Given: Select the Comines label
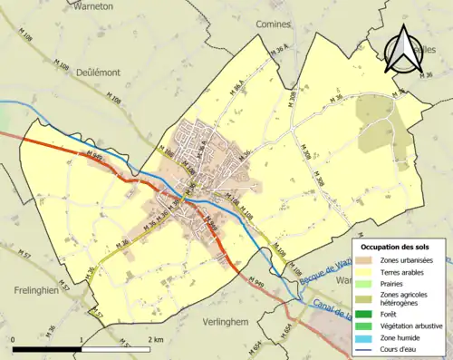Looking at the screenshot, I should click(273, 23).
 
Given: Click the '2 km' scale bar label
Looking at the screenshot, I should click(155, 339).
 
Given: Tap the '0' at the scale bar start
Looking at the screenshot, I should click(14, 339).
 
